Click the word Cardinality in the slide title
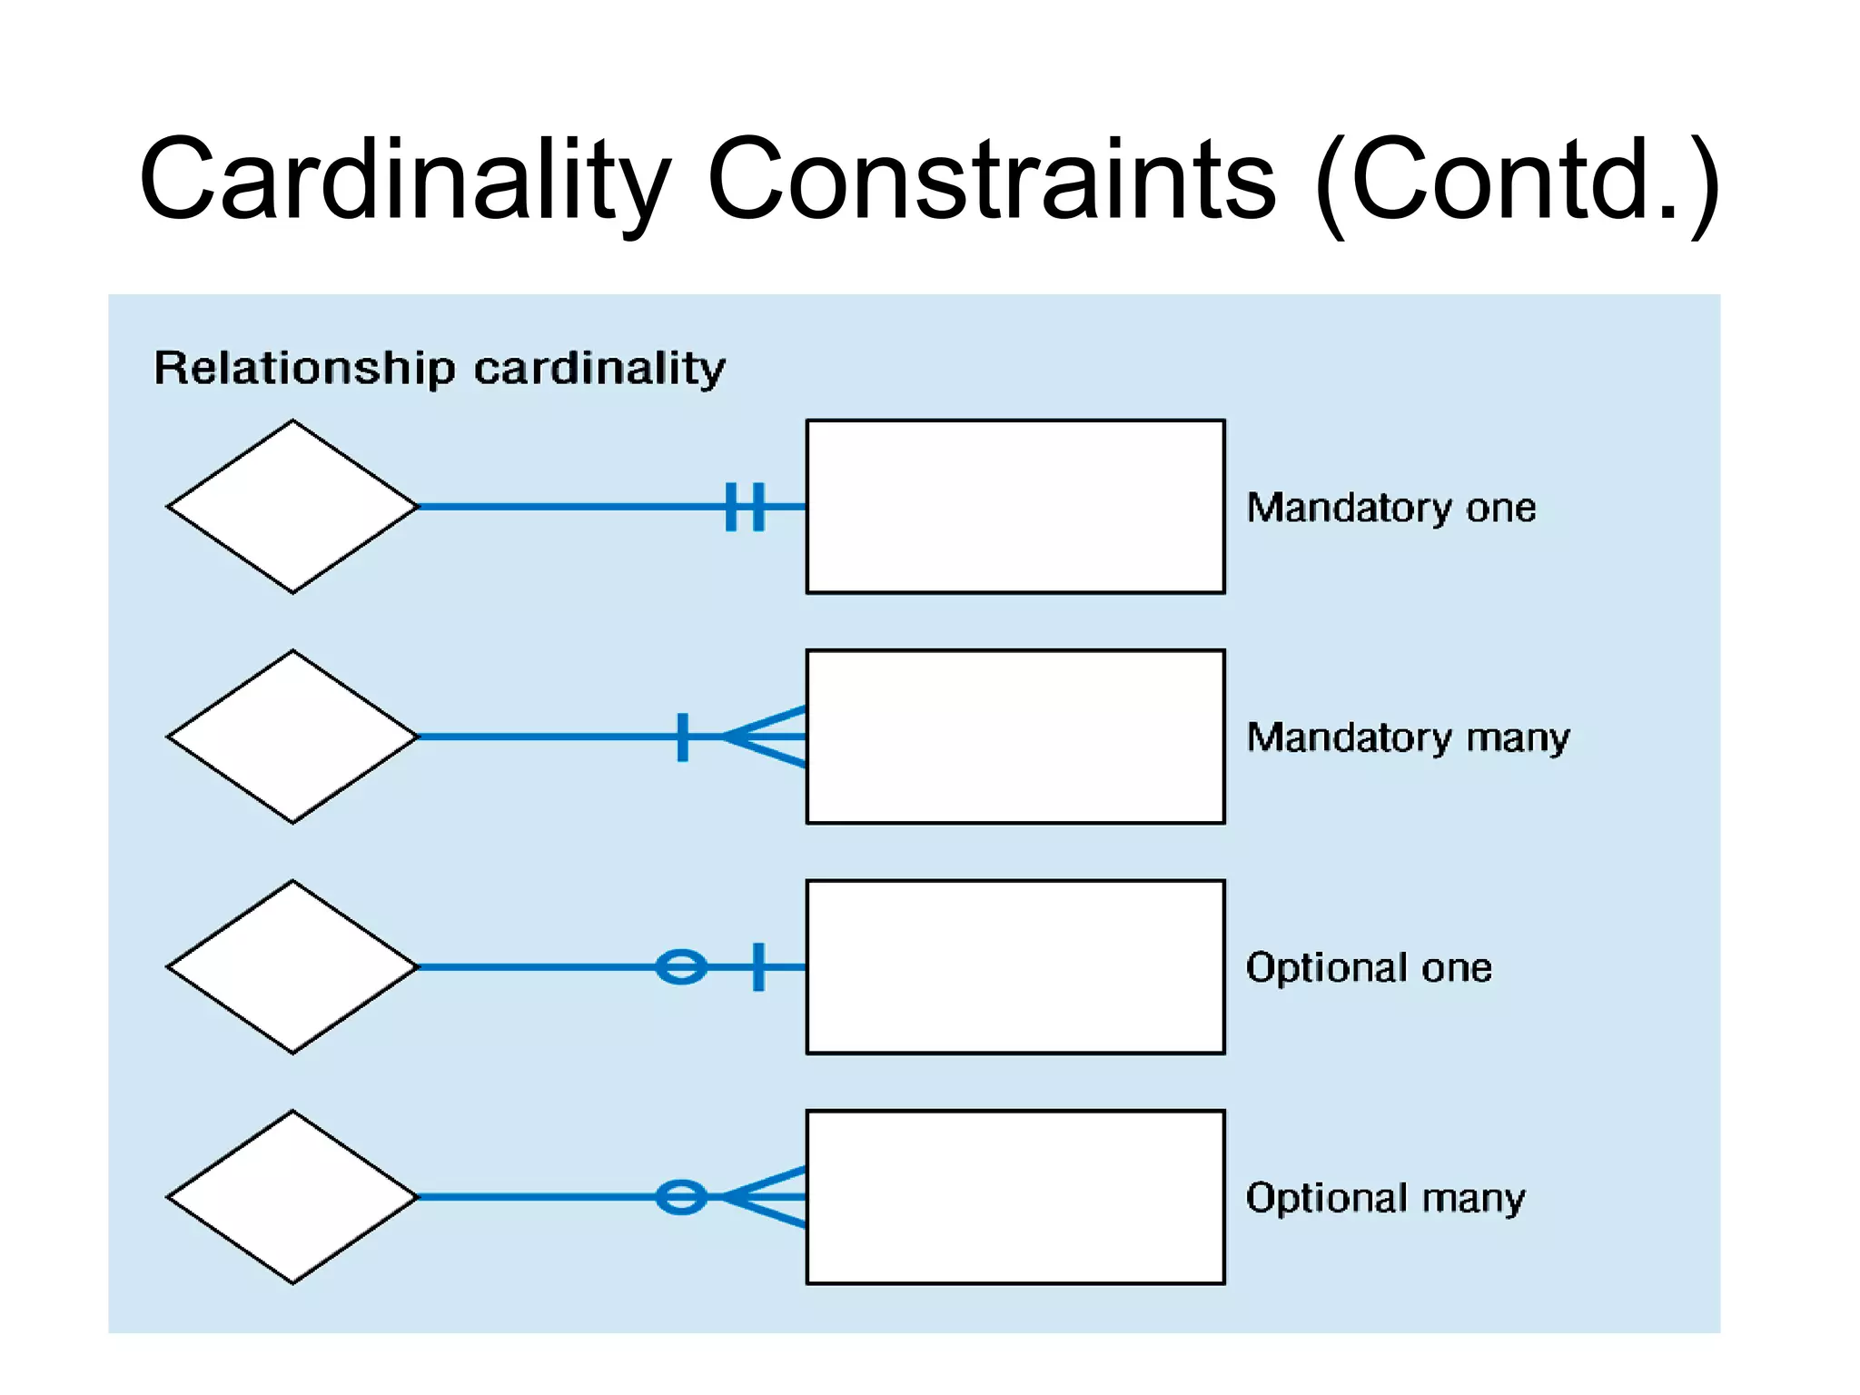[404, 179]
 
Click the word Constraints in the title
[991, 179]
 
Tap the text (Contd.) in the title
[1517, 179]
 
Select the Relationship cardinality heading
[440, 368]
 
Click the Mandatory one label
[1390, 507]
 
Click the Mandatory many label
[1408, 737]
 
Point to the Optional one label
[1369, 967]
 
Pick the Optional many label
[1385, 1198]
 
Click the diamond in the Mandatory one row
[292, 507]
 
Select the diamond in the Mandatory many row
[292, 737]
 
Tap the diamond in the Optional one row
[292, 967]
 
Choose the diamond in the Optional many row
[292, 1197]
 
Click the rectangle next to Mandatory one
[1015, 507]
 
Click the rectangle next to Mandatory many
[1015, 737]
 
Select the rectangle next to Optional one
[1015, 967]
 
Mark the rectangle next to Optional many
[1015, 1197]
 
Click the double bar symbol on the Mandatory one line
[746, 507]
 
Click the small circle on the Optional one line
[681, 967]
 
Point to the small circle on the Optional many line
[681, 1197]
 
